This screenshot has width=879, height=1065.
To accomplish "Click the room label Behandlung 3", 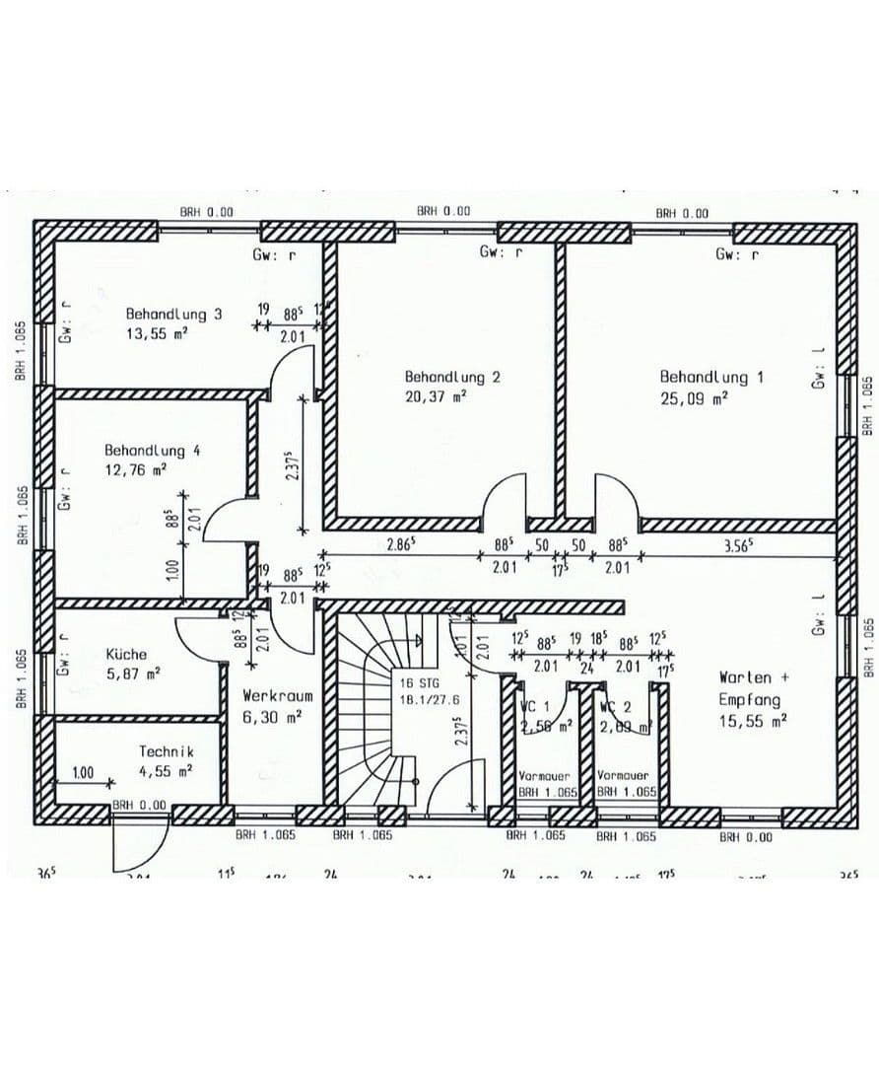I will [172, 314].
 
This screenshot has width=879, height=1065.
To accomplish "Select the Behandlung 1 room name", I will [697, 377].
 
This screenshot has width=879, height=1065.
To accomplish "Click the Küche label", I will [126, 654].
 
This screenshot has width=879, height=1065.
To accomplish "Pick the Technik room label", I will [166, 752].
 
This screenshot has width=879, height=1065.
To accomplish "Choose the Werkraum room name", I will [278, 696].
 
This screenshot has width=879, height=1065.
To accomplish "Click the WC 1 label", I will [536, 707].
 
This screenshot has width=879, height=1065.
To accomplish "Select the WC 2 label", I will [615, 707].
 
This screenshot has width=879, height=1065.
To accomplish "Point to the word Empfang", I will [749, 700].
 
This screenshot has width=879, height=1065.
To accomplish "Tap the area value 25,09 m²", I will [694, 398].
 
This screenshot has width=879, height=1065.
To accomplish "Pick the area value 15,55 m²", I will [753, 722].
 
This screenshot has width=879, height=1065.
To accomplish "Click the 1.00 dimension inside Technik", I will [84, 773].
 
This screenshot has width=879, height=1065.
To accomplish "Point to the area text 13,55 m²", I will [156, 333].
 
